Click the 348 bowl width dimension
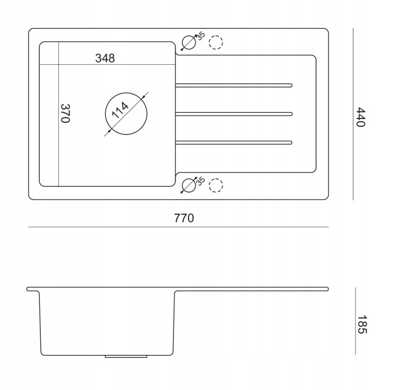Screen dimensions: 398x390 click(x=105, y=58)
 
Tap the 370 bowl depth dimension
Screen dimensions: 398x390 click(x=65, y=113)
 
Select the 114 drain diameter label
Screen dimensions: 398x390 click(x=120, y=111)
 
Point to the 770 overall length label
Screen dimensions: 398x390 click(x=184, y=218)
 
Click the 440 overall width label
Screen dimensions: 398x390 click(x=360, y=117)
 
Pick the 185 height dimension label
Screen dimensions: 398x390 click(x=362, y=325)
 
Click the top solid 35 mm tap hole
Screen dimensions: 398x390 click(x=189, y=42)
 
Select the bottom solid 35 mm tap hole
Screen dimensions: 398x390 click(x=189, y=185)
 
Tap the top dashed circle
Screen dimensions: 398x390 click(x=216, y=35)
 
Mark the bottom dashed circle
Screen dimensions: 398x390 click(x=216, y=179)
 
